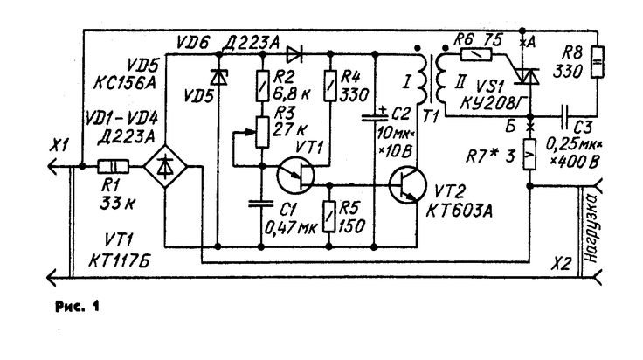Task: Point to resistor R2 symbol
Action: [x=259, y=86]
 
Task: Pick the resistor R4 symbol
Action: [x=330, y=86]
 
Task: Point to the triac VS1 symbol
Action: [x=522, y=81]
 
